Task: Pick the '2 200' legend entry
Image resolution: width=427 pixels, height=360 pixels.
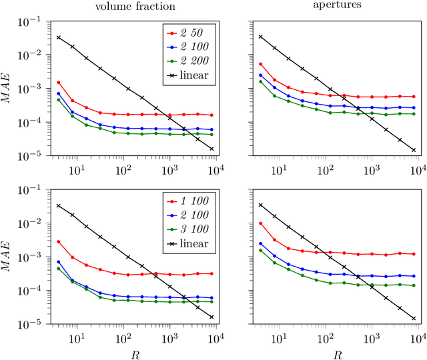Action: point(193,61)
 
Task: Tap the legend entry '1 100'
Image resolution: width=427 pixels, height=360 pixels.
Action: point(193,202)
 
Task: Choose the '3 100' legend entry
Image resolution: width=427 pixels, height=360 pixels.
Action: point(193,230)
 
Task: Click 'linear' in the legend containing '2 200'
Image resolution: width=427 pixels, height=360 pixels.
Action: point(194,75)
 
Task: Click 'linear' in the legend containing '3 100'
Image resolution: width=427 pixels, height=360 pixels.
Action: point(194,244)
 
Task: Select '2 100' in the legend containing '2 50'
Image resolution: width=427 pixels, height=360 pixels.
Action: point(193,47)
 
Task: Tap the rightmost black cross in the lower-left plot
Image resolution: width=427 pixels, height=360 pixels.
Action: point(211,317)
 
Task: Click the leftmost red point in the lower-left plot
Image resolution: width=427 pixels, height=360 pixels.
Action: point(59,242)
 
